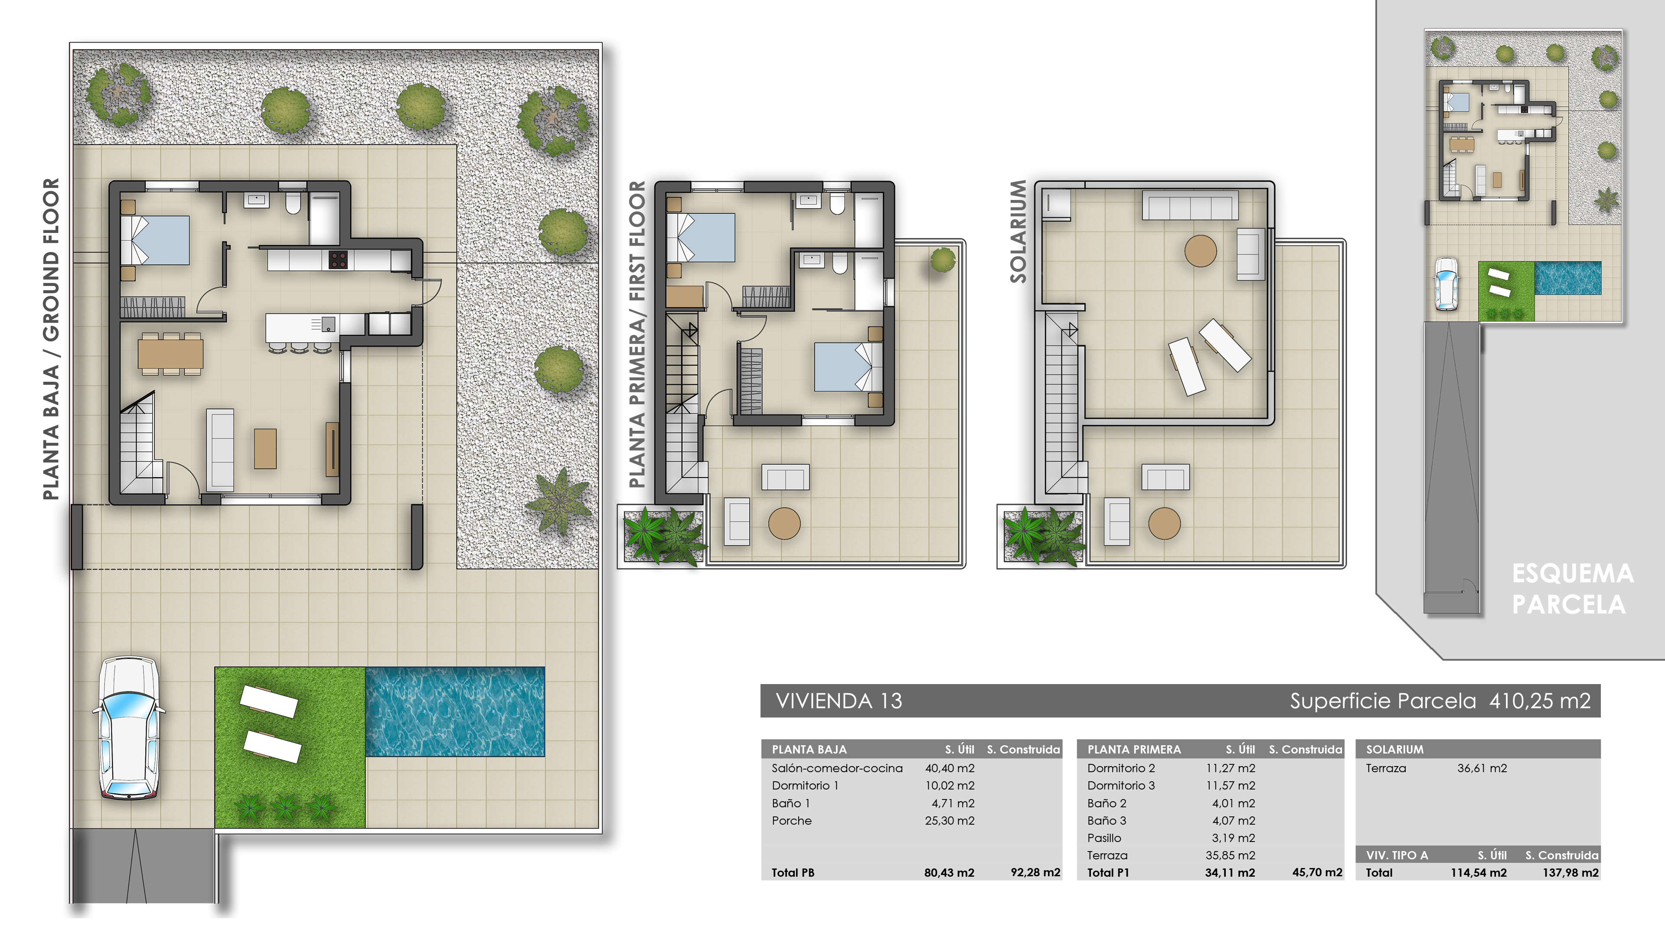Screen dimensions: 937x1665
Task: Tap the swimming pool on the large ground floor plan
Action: click(454, 711)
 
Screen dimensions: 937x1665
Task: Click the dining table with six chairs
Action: click(170, 354)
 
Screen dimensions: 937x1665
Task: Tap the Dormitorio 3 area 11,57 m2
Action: click(1230, 786)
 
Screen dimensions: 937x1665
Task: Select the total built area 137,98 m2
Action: click(1570, 872)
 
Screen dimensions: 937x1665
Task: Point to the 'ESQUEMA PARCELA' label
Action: click(1571, 589)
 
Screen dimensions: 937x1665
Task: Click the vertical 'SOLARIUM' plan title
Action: click(1018, 232)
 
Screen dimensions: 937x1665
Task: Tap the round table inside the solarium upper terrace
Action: click(1200, 251)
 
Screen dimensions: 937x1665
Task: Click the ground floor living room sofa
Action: click(220, 450)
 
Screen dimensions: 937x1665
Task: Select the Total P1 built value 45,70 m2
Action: click(1317, 872)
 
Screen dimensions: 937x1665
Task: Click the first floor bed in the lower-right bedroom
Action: click(843, 367)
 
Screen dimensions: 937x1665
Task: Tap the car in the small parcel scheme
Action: click(1446, 284)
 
